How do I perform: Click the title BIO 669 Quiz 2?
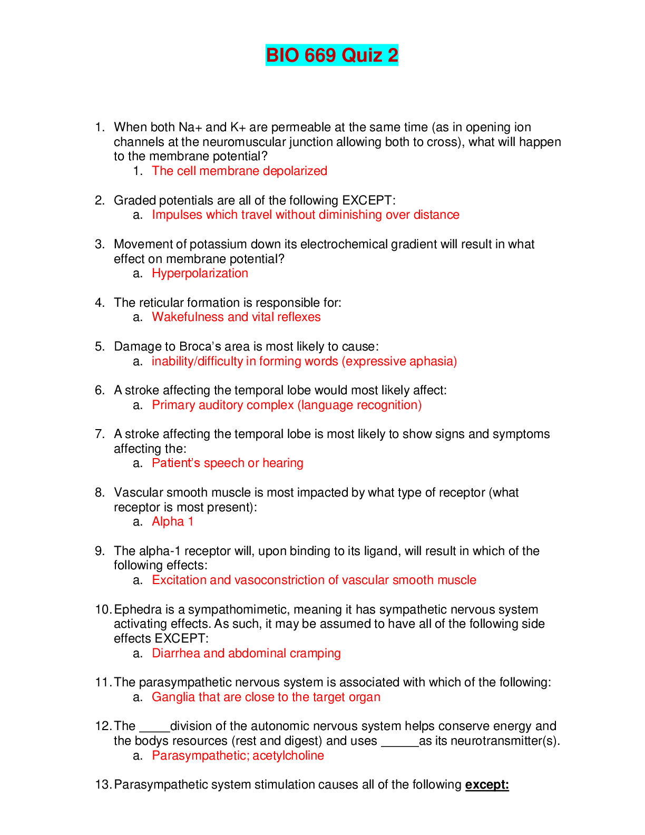pyautogui.click(x=332, y=55)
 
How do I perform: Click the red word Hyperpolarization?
pyautogui.click(x=200, y=273)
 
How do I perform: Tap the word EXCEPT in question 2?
pyautogui.click(x=367, y=200)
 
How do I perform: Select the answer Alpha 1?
pyautogui.click(x=172, y=521)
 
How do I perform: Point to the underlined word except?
pyautogui.click(x=487, y=784)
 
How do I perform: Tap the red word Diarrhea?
pyautogui.click(x=176, y=653)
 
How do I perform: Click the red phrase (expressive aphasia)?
pyautogui.click(x=399, y=361)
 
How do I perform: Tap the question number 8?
pyautogui.click(x=100, y=492)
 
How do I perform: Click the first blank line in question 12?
pyautogui.click(x=154, y=731)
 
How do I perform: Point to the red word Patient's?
pyautogui.click(x=177, y=463)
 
